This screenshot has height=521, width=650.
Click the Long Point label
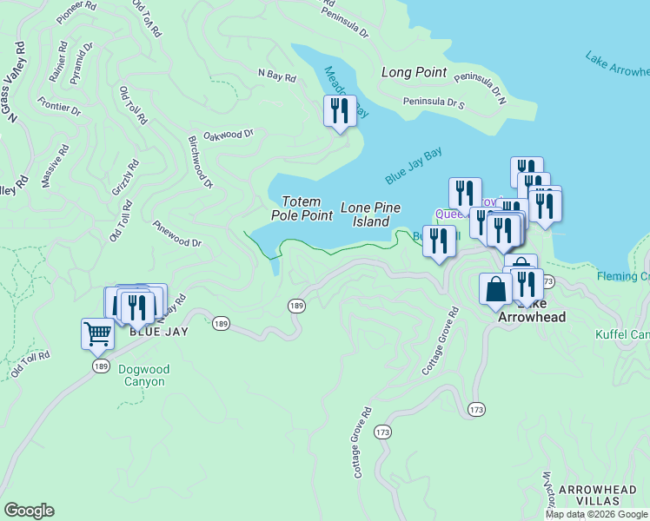pyautogui.click(x=414, y=73)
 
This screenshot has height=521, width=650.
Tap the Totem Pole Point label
pyautogui.click(x=302, y=208)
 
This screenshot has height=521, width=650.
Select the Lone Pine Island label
pyautogui.click(x=370, y=214)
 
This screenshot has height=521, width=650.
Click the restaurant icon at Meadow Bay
pyautogui.click(x=339, y=111)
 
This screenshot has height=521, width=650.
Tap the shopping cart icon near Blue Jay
pyautogui.click(x=97, y=333)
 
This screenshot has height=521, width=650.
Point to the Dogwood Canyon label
pyautogui.click(x=144, y=375)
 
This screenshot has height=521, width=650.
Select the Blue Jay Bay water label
pyautogui.click(x=414, y=165)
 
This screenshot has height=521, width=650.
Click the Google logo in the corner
pyautogui.click(x=29, y=511)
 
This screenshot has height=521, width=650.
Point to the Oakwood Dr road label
pyautogui.click(x=228, y=135)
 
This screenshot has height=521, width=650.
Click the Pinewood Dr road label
pyautogui.click(x=177, y=235)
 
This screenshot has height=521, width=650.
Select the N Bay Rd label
pyautogui.click(x=276, y=76)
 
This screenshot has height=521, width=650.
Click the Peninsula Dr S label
pyautogui.click(x=434, y=103)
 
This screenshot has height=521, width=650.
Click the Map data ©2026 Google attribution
pyautogui.click(x=597, y=514)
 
